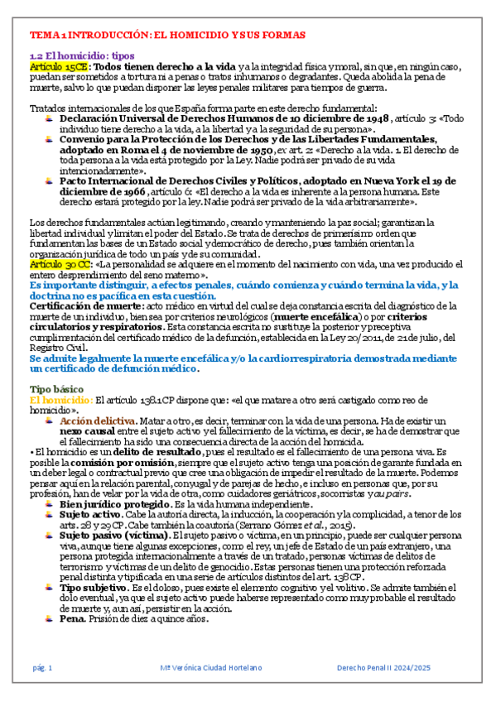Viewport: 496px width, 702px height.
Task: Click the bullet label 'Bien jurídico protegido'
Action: point(112,503)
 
